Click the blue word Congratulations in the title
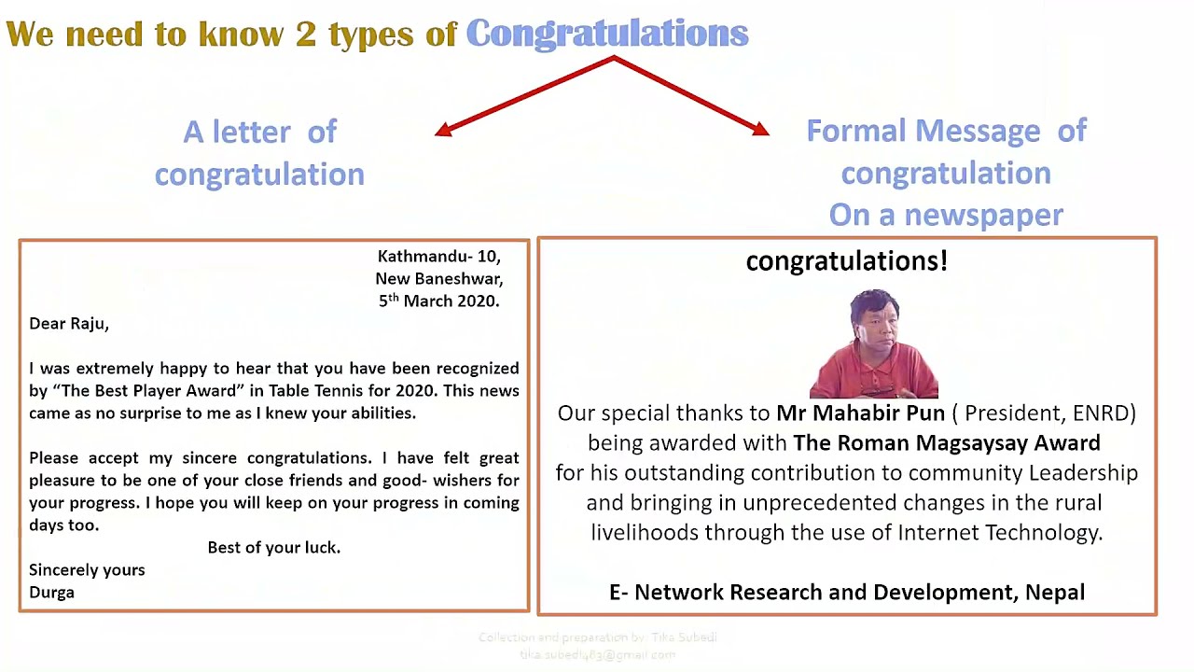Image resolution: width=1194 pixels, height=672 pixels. pyautogui.click(x=606, y=34)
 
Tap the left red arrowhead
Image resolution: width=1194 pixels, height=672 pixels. pyautogui.click(x=443, y=131)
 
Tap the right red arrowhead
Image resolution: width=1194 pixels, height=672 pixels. pyautogui.click(x=761, y=130)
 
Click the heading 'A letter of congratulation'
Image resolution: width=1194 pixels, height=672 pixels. pyautogui.click(x=259, y=152)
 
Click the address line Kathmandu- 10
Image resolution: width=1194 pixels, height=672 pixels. pyautogui.click(x=438, y=256)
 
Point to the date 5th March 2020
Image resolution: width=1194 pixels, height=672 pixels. pyautogui.click(x=438, y=301)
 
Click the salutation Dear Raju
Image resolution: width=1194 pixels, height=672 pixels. pyautogui.click(x=69, y=324)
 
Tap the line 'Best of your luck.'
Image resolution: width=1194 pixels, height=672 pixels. pyautogui.click(x=273, y=547)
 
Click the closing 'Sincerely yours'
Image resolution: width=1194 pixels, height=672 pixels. pyautogui.click(x=87, y=569)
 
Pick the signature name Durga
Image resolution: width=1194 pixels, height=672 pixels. pyautogui.click(x=51, y=592)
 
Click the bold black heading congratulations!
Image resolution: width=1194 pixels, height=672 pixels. pyautogui.click(x=846, y=261)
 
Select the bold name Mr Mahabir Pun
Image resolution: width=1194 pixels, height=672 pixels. pyautogui.click(x=860, y=413)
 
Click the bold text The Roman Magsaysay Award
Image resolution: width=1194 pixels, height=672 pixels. pyautogui.click(x=946, y=442)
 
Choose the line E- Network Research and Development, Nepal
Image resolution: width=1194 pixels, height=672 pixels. pyautogui.click(x=846, y=592)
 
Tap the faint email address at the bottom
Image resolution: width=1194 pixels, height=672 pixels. pyautogui.click(x=597, y=655)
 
